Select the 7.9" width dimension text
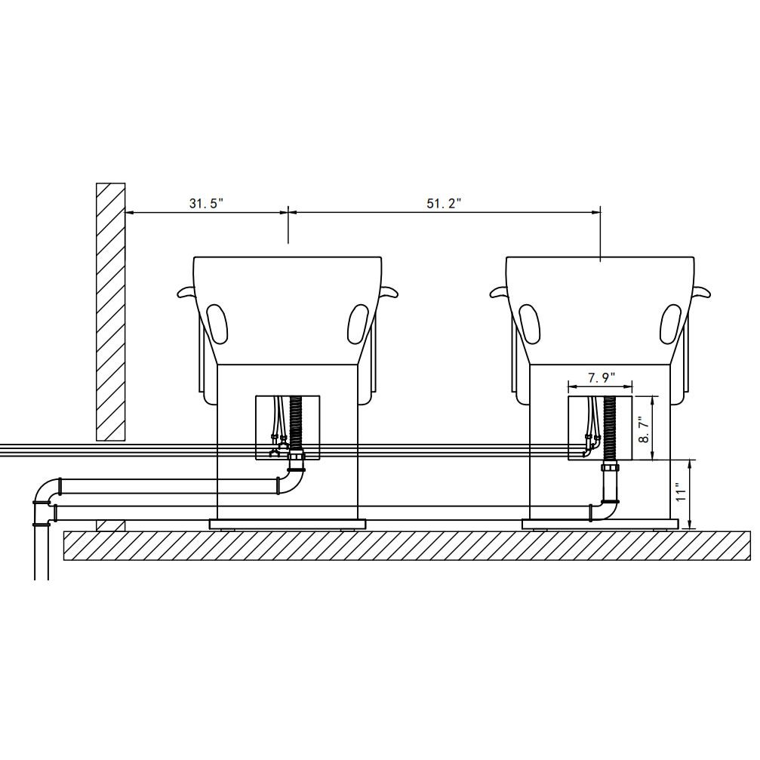pyautogui.click(x=602, y=378)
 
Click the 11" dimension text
pyautogui.click(x=681, y=491)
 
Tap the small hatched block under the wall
pyautogui.click(x=110, y=525)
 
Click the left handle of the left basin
pyautogui.click(x=186, y=291)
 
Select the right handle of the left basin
pyautogui.click(x=389, y=291)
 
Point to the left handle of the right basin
pyautogui.click(x=499, y=291)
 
